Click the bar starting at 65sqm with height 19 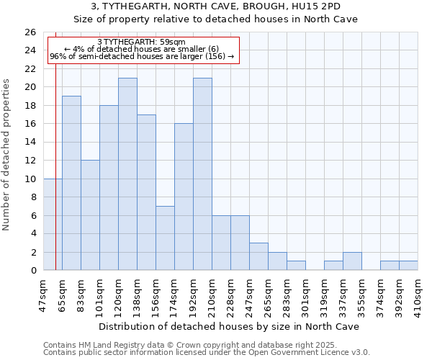(x=71, y=183)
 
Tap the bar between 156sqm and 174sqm (x=165, y=238)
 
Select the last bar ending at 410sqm (x=408, y=266)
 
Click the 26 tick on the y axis (x=30, y=32)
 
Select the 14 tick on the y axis (x=30, y=142)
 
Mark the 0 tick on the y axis (x=32, y=271)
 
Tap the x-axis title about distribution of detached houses (x=230, y=326)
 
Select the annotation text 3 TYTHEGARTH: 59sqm (x=141, y=42)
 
